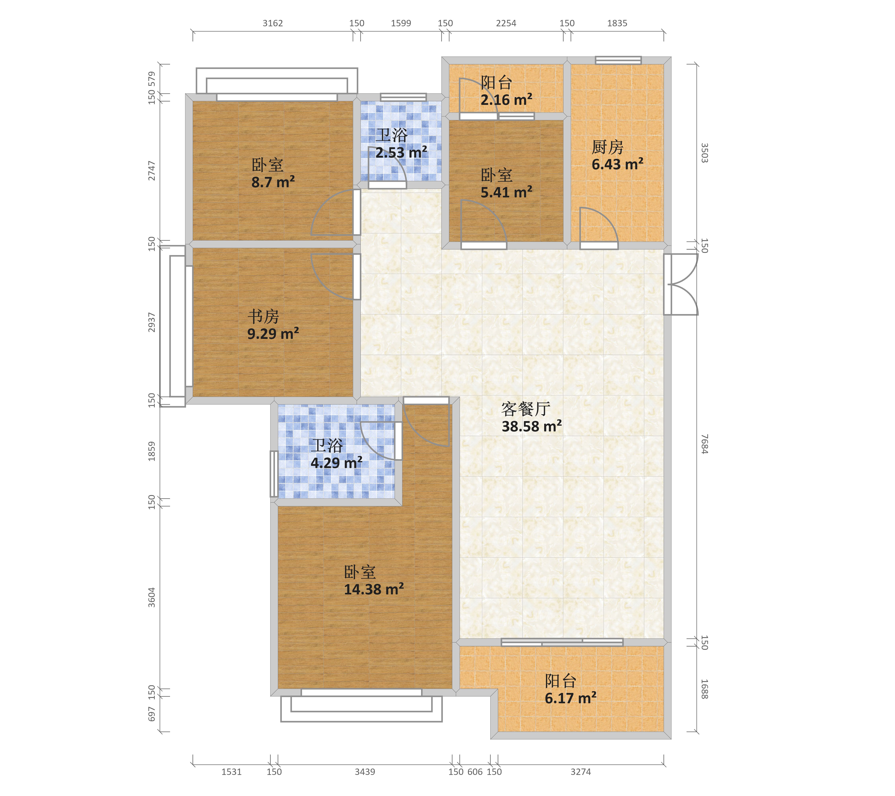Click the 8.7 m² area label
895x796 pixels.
tap(273, 182)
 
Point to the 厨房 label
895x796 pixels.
tap(607, 147)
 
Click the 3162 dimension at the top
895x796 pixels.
tap(273, 23)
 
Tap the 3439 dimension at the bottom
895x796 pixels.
tap(365, 772)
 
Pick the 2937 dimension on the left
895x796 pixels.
tap(152, 322)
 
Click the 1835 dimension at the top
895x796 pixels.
tap(617, 23)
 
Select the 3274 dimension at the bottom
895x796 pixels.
tap(581, 772)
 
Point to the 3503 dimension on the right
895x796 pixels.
tap(704, 153)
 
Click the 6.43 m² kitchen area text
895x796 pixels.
tap(617, 164)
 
